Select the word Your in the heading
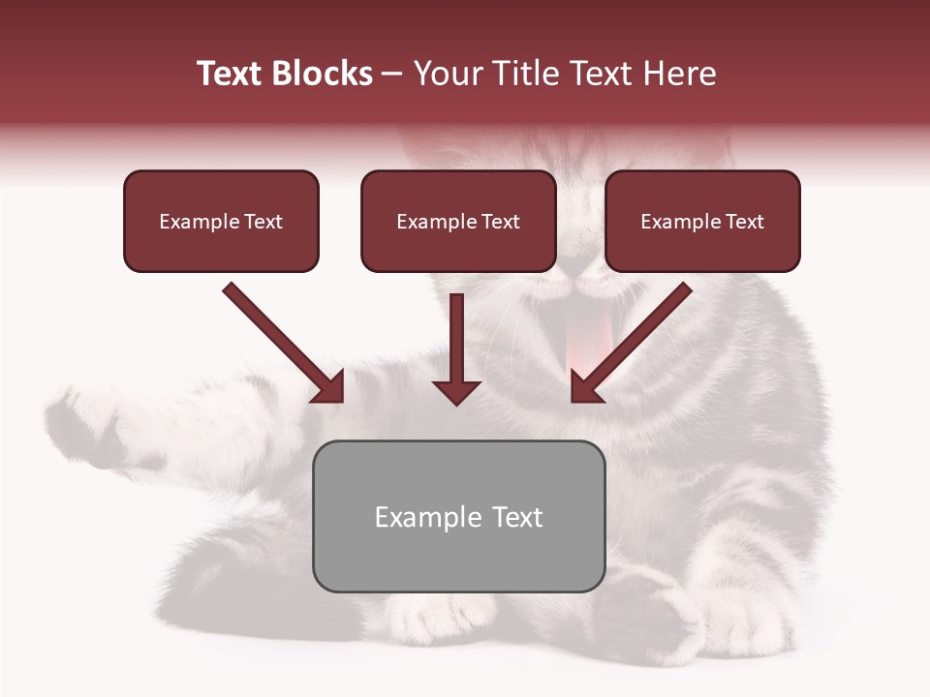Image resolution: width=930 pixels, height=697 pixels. [x=447, y=74]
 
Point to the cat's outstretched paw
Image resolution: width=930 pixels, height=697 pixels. [x=87, y=426]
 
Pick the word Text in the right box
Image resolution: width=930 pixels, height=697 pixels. [x=744, y=222]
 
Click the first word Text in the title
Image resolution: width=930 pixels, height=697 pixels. [x=229, y=74]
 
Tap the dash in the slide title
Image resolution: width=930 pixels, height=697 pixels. [x=392, y=75]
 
